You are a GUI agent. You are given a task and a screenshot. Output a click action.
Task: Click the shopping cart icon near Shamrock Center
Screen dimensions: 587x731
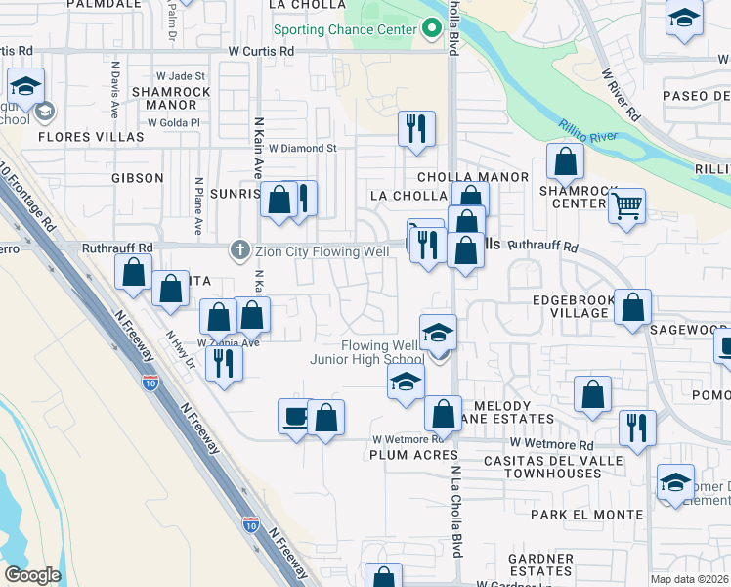point(626,205)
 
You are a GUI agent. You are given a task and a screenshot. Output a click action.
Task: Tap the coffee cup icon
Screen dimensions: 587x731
point(295,417)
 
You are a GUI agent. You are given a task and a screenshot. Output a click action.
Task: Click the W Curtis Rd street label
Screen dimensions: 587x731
point(261,51)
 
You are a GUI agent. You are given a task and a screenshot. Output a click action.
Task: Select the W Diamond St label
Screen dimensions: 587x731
point(303,149)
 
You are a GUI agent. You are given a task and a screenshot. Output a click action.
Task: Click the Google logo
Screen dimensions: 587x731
point(32,574)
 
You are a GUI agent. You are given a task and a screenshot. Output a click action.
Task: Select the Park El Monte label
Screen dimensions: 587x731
point(586,514)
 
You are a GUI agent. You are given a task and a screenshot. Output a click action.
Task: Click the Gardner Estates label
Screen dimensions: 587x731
point(539,564)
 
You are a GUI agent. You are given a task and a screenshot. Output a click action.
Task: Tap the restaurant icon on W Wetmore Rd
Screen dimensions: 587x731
point(637,428)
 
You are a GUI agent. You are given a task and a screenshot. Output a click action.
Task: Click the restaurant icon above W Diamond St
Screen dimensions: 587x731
point(416,128)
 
